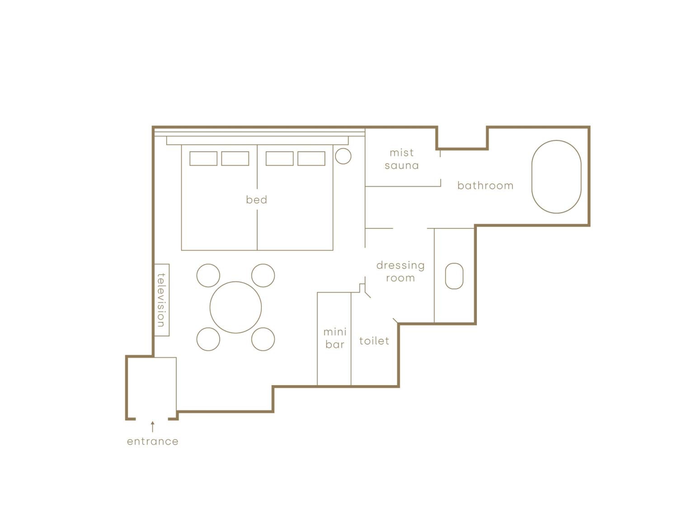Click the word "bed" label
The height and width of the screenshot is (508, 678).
point(257,200)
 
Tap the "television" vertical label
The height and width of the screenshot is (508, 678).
point(161,300)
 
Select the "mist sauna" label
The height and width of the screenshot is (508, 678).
point(402,159)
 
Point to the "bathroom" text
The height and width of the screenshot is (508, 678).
point(485,185)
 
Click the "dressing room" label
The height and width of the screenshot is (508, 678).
point(400,272)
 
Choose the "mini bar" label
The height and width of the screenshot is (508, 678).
point(335,338)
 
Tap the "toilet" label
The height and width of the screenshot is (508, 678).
point(374,340)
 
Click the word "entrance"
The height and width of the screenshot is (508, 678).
point(153,441)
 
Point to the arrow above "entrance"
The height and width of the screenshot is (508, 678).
point(153,426)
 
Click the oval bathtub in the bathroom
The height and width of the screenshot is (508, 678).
point(556,177)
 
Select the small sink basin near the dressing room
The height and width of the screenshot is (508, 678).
point(454,276)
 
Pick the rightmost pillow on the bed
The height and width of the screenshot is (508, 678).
point(311,158)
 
